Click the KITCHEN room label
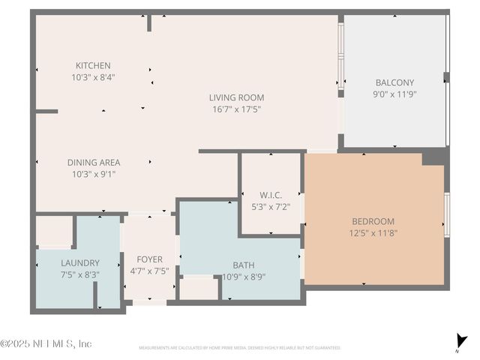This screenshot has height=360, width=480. click(x=93, y=65)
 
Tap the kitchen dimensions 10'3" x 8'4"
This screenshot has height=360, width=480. click(x=93, y=76)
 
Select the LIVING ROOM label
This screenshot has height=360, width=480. click(x=236, y=97)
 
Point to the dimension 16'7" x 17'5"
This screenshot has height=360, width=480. click(x=236, y=109)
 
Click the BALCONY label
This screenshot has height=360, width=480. click(x=394, y=82)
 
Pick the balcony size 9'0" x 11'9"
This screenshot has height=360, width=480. click(x=394, y=94)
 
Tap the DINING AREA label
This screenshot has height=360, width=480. click(x=94, y=162)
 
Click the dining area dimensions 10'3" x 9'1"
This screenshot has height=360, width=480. click(x=94, y=174)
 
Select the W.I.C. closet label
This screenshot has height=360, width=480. click(x=271, y=195)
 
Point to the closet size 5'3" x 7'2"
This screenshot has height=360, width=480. click(x=271, y=206)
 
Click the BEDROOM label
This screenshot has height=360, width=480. click(x=373, y=221)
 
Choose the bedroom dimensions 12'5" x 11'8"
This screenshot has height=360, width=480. click(x=373, y=233)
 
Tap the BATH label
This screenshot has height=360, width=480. click(x=244, y=265)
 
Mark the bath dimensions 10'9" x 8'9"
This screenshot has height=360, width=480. click(x=244, y=276)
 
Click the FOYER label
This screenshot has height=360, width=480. click(x=149, y=259)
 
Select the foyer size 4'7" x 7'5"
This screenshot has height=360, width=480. click(x=149, y=271)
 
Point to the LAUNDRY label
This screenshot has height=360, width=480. click(x=79, y=262)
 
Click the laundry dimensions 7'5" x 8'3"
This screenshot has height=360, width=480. click(x=79, y=274)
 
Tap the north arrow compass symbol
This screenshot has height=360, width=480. click(x=460, y=340)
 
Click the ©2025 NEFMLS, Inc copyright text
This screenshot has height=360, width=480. click(x=46, y=343)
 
